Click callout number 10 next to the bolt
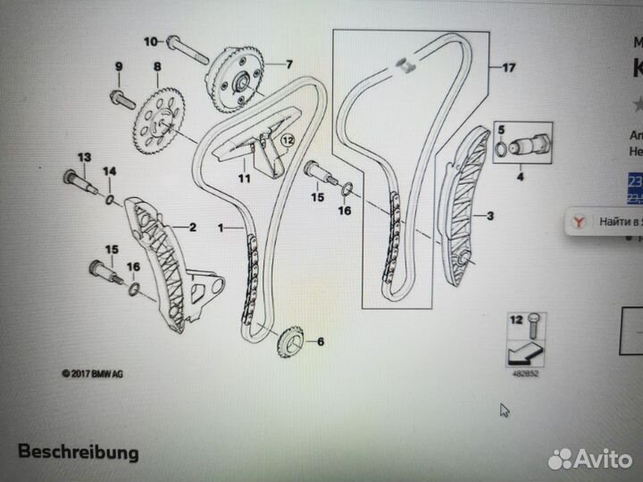tap(150, 40)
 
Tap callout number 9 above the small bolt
tap(116, 67)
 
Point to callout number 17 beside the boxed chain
tap(508, 68)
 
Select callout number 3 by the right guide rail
tap(489, 216)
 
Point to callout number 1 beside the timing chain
tap(221, 229)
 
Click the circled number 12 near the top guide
tap(288, 140)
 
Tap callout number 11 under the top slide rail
tap(243, 178)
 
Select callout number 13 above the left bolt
tap(84, 158)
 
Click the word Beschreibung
tap(79, 452)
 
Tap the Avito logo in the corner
tap(590, 458)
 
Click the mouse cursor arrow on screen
tap(505, 410)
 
